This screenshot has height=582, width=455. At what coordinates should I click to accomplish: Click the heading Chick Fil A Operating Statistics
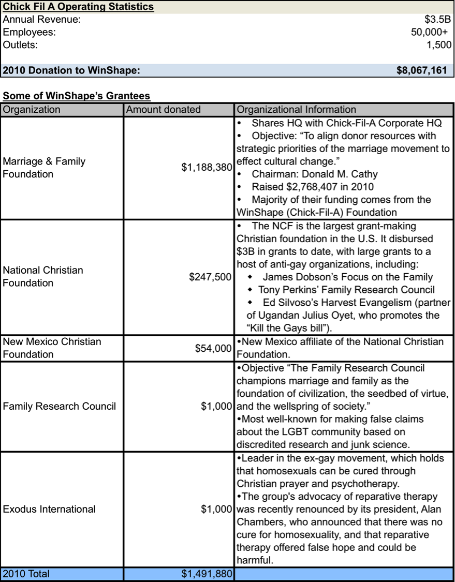click(78, 7)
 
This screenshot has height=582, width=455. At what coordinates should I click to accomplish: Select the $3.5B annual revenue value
click(437, 20)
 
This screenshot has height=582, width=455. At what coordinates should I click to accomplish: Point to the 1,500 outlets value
click(439, 44)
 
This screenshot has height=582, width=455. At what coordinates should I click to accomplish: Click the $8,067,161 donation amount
click(421, 70)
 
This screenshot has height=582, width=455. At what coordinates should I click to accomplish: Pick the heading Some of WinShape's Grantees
click(77, 96)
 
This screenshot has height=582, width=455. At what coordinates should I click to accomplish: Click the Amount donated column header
click(163, 109)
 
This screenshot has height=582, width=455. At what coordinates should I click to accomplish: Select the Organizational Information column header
click(296, 109)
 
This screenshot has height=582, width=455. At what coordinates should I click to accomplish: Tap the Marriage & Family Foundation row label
click(44, 168)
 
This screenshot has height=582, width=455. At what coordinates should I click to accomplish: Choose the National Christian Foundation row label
click(43, 276)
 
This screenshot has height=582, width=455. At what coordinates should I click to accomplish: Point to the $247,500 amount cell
click(210, 277)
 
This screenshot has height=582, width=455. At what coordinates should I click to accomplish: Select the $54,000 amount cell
click(213, 348)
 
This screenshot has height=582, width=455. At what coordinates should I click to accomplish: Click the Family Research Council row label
click(60, 406)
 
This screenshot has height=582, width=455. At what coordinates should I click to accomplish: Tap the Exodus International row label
click(49, 509)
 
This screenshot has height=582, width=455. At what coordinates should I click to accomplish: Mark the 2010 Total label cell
click(26, 574)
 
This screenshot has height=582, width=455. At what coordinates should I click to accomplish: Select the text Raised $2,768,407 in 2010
click(313, 187)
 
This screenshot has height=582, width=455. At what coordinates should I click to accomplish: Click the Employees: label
click(30, 32)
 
